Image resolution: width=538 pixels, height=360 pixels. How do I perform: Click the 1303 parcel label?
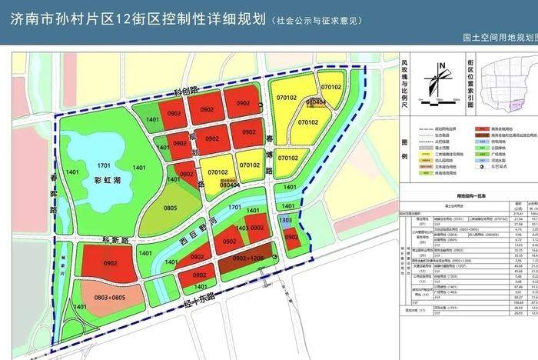[x=286, y=221]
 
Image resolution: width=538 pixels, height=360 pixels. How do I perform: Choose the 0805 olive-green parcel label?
[x=171, y=207]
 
